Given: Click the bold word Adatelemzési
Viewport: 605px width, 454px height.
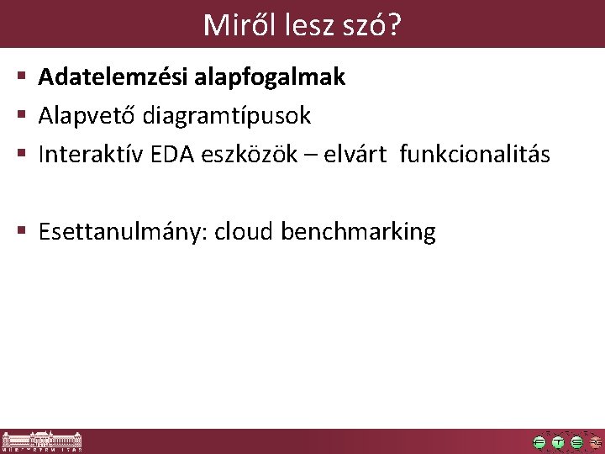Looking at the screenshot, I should pyautogui.click(x=113, y=77).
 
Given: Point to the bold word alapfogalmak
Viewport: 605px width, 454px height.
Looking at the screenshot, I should pyautogui.click(x=270, y=77).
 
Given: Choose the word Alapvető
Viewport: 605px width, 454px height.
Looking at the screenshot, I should pyautogui.click(x=88, y=116).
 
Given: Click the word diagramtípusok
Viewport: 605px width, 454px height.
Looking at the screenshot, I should pyautogui.click(x=227, y=116).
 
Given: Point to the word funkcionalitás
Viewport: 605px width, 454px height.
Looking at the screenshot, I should pyautogui.click(x=476, y=155).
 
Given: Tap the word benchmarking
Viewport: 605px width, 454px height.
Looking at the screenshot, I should pyautogui.click(x=359, y=231).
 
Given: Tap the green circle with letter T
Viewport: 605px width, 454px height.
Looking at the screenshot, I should pyautogui.click(x=558, y=442).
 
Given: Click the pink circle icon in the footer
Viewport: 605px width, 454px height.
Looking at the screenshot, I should pyautogui.click(x=596, y=442).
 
